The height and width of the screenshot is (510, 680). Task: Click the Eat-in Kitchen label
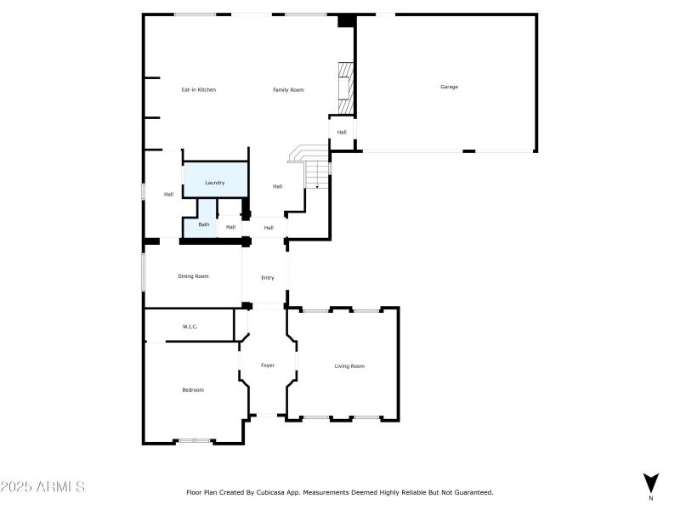click(x=198, y=90)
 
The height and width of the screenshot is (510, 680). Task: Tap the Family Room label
click(x=288, y=90)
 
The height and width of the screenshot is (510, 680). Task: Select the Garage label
click(x=449, y=87)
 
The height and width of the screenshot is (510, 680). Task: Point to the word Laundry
click(x=214, y=183)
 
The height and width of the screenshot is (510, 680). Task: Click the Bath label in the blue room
click(x=204, y=225)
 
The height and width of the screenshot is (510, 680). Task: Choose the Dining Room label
click(x=193, y=276)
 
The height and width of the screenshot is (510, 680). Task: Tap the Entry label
click(x=268, y=278)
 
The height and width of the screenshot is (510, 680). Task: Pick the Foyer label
click(x=268, y=365)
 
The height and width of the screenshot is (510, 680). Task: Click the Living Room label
click(x=349, y=366)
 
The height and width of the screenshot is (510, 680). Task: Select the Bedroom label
click(x=193, y=390)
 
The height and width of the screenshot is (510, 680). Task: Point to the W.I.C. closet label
click(x=190, y=326)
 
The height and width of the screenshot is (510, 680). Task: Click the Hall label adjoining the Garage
click(x=342, y=133)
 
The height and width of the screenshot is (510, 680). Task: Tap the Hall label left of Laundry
click(x=168, y=195)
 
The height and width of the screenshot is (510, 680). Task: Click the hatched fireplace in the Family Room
click(x=344, y=88)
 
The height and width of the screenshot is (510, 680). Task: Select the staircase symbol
click(x=311, y=167)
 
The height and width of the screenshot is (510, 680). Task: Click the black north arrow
click(x=651, y=482)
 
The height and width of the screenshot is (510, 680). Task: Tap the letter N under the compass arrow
click(x=651, y=498)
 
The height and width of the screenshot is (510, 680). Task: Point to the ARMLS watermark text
click(x=42, y=487)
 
